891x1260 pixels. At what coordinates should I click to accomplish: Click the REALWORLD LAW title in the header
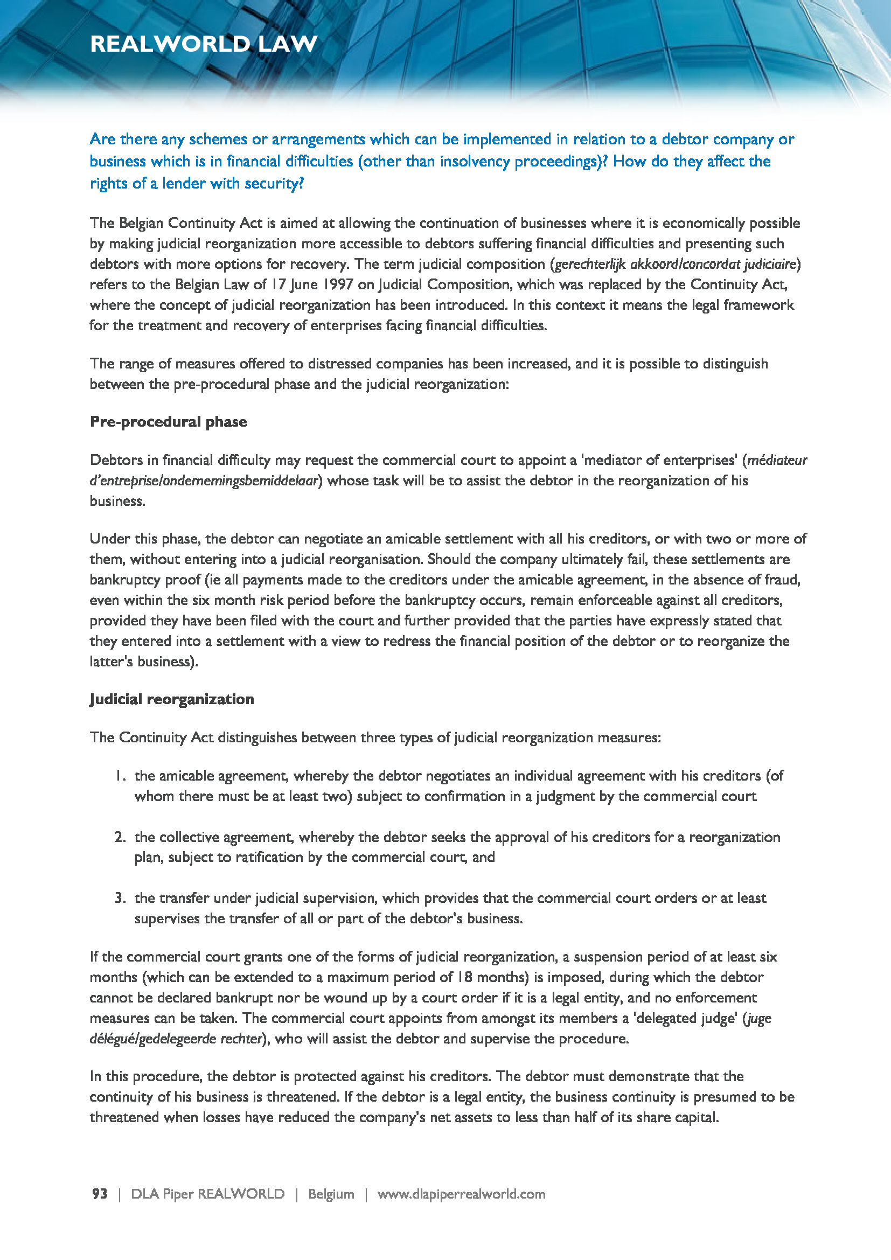(x=204, y=44)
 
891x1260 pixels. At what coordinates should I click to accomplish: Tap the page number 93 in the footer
(x=100, y=1194)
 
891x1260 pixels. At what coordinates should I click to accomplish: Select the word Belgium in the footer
(x=331, y=1194)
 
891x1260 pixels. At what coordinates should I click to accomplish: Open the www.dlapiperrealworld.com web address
(x=461, y=1194)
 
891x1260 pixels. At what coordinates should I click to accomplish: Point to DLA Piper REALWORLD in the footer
(x=207, y=1194)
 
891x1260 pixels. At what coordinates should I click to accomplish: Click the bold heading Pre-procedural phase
(x=168, y=421)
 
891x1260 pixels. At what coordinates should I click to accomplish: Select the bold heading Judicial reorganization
(x=172, y=699)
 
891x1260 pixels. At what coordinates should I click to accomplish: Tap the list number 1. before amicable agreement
(x=121, y=775)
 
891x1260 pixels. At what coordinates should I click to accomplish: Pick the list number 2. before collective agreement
(x=120, y=837)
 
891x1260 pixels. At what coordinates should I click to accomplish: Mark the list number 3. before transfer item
(x=120, y=898)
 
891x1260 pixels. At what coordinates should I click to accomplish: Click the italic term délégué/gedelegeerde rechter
(x=176, y=1038)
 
